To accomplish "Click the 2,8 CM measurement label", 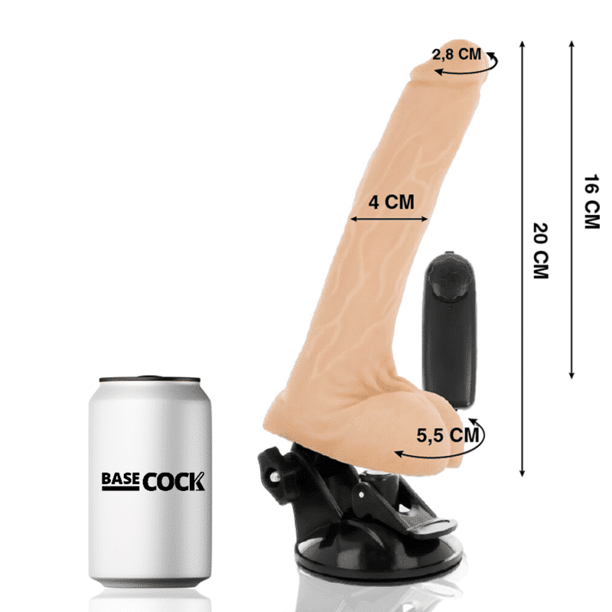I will [457, 54].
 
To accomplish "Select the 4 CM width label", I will [391, 202].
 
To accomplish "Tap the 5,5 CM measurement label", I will [448, 435].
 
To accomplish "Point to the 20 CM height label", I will [541, 250].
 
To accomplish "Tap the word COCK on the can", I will [174, 481].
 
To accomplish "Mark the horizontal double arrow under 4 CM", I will [389, 220].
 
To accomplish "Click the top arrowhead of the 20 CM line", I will [522, 44].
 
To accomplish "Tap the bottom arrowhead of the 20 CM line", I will [522, 474].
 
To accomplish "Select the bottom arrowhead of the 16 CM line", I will [571, 374].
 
